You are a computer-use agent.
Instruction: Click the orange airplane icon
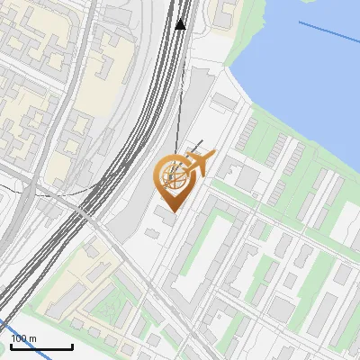pos(199,164)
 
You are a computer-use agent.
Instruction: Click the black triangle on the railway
pos(181,24)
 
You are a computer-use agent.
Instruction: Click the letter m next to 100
pos(33,338)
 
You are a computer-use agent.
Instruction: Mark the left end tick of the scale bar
pos(11,346)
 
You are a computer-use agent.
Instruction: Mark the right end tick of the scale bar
pos(72,346)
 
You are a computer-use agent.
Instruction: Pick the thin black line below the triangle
pos(178,90)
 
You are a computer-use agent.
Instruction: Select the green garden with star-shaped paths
pos(112,306)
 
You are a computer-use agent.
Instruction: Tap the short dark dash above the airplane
pos(193,146)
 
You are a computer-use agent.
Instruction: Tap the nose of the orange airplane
pos(213,156)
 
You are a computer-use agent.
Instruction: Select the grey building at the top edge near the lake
pos(222,11)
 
